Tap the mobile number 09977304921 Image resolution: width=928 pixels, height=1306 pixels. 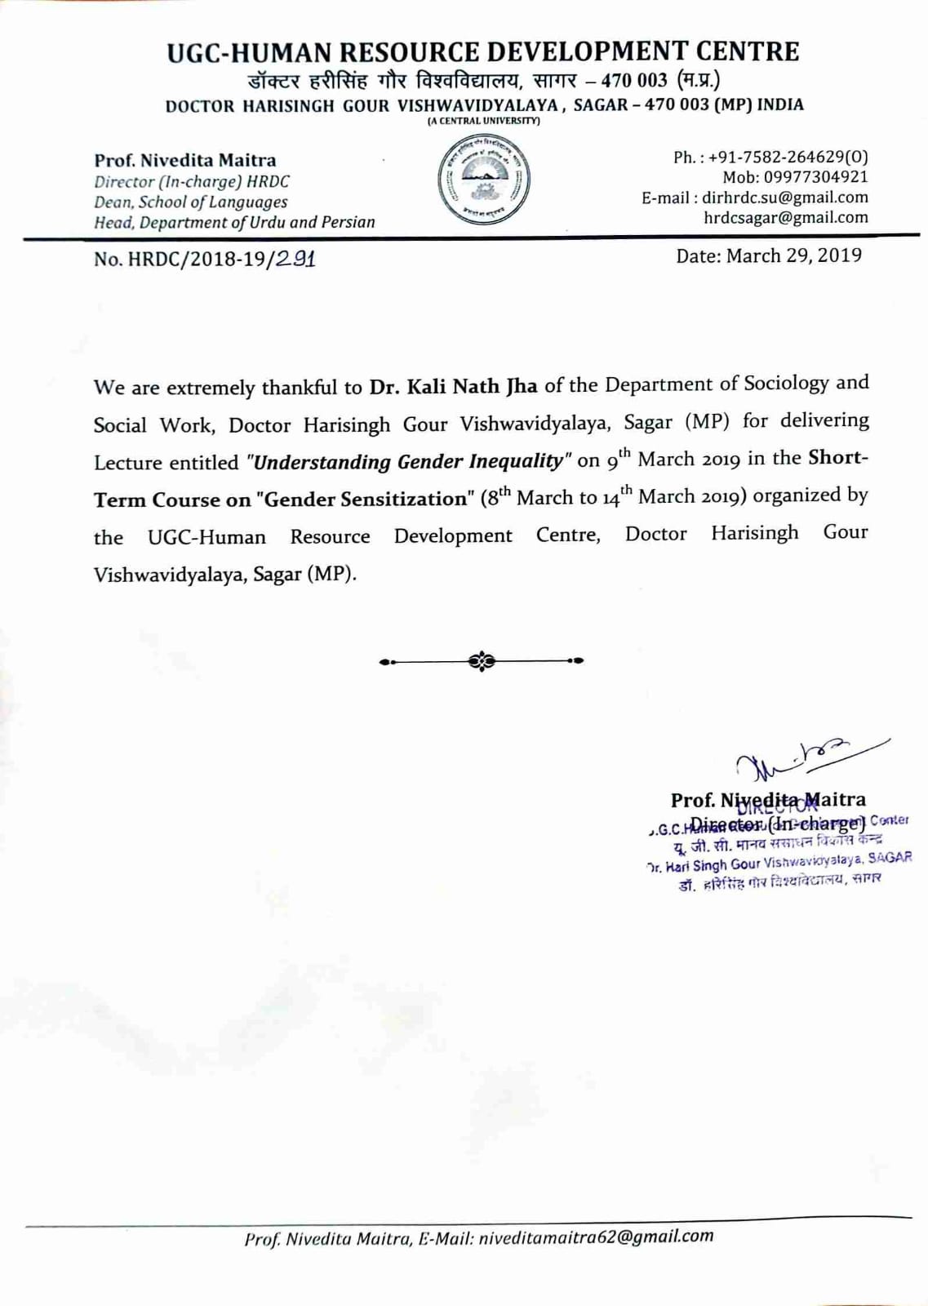[815, 177]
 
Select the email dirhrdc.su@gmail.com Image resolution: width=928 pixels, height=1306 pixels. [784, 198]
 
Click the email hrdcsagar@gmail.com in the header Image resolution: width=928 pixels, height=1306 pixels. [785, 218]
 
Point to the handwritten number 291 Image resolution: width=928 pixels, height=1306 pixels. [295, 259]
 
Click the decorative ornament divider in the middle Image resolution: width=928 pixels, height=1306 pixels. [482, 660]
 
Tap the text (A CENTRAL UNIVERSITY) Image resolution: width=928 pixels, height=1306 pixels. [483, 121]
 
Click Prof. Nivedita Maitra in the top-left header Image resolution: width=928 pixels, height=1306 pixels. [184, 160]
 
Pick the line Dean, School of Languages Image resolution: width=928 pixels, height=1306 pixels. [190, 202]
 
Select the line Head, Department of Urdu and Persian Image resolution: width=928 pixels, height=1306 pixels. [234, 222]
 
